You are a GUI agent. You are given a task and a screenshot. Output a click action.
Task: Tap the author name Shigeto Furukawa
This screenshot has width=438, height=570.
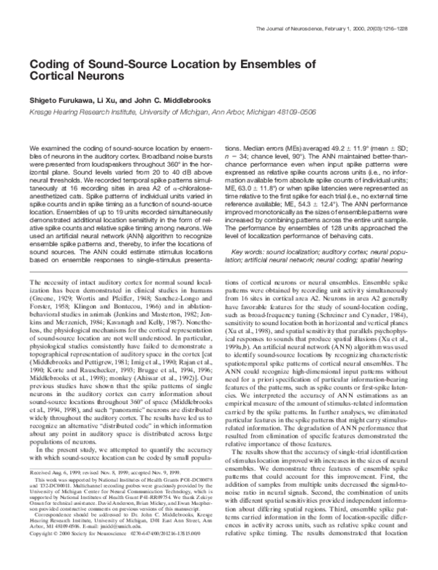click(61, 102)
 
